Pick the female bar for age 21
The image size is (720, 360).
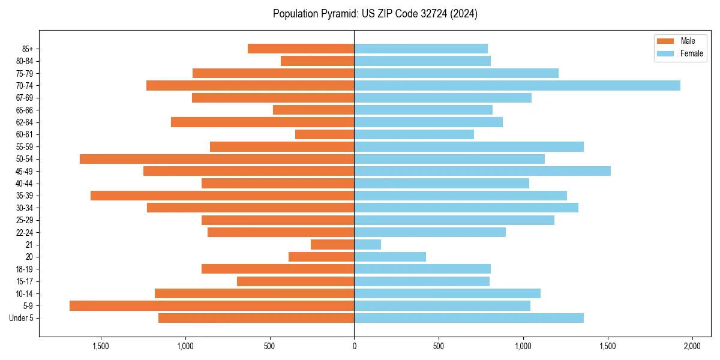(368, 245)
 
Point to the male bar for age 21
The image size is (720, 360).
(332, 245)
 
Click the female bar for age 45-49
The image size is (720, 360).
(482, 171)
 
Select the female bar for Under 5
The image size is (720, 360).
(469, 318)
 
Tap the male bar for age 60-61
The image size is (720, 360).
(325, 134)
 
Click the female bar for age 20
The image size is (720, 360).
(390, 257)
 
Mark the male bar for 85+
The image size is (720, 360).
(301, 49)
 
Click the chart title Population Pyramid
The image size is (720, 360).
(375, 14)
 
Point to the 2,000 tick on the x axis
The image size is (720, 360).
(692, 346)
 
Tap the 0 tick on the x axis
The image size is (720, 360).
(354, 346)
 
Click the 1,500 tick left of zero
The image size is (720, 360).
(100, 346)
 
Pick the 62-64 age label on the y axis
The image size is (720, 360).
(25, 122)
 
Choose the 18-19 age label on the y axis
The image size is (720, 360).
(25, 269)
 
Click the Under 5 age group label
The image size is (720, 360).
(22, 318)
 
